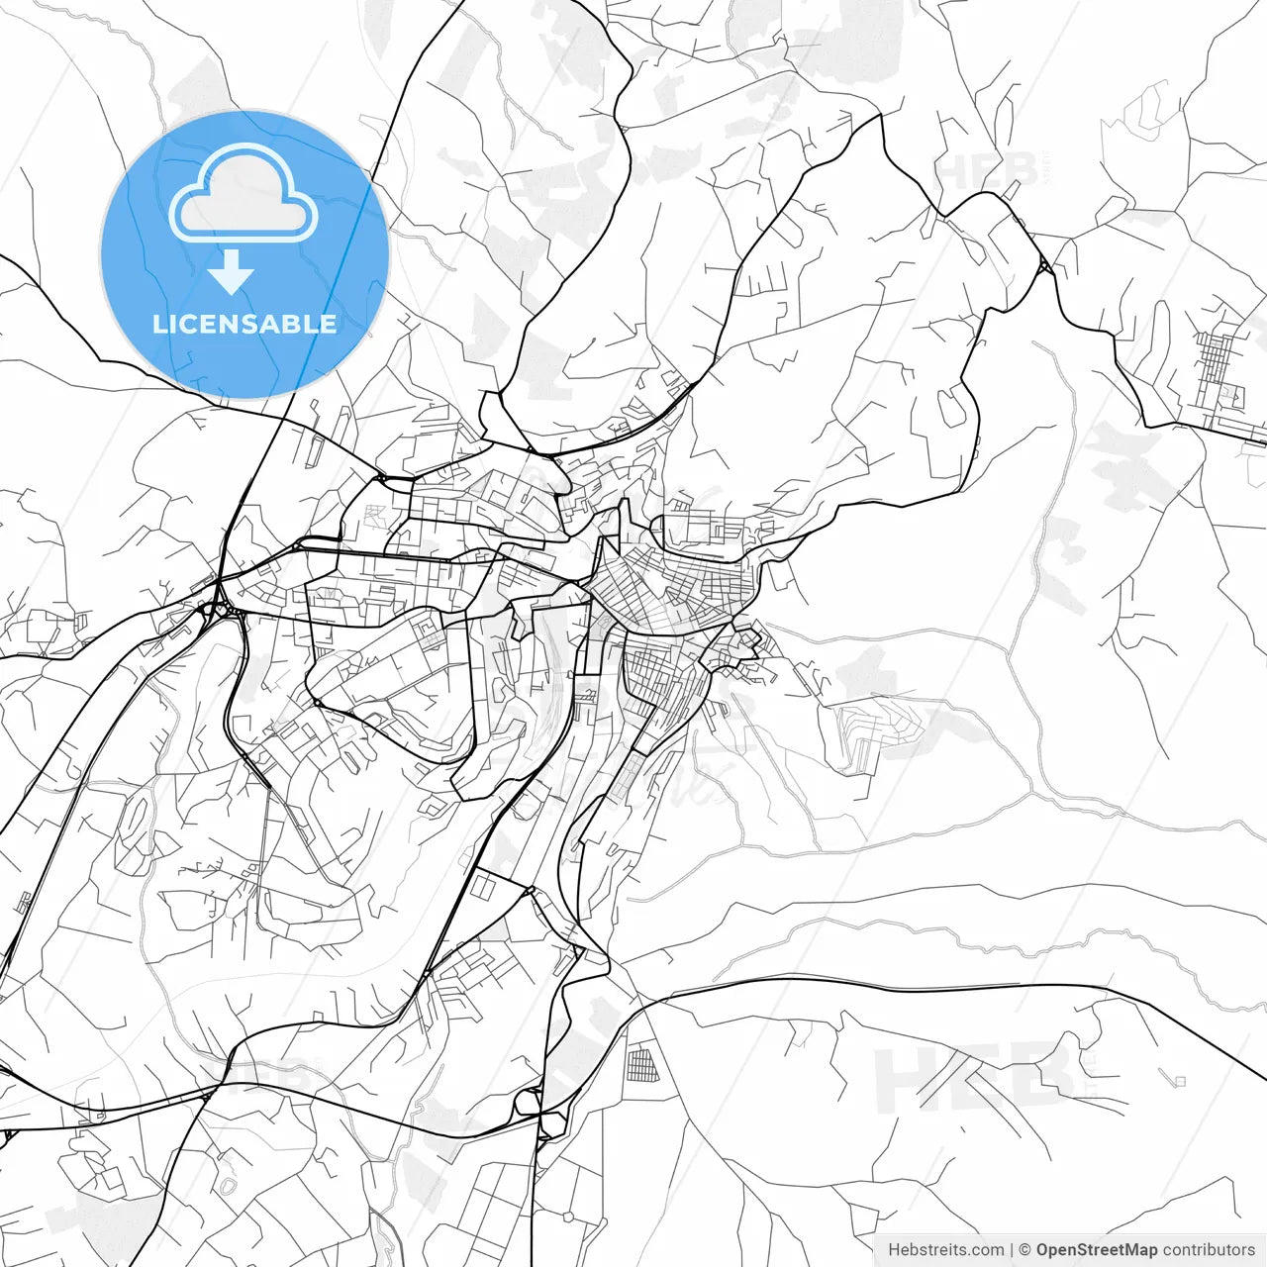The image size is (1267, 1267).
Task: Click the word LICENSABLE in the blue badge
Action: (244, 324)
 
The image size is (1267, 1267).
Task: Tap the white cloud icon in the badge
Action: (244, 195)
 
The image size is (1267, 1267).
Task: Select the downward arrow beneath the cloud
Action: (232, 273)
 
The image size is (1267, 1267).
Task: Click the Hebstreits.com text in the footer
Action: (945, 1249)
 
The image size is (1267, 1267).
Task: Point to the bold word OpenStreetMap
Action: (1097, 1249)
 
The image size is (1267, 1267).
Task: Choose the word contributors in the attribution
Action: (1209, 1249)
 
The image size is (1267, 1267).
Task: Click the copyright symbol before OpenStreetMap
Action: (1025, 1249)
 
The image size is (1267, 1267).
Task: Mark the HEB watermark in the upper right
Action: (985, 170)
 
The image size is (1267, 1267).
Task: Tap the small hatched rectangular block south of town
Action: (641, 1065)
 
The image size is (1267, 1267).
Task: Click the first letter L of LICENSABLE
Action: (158, 324)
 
